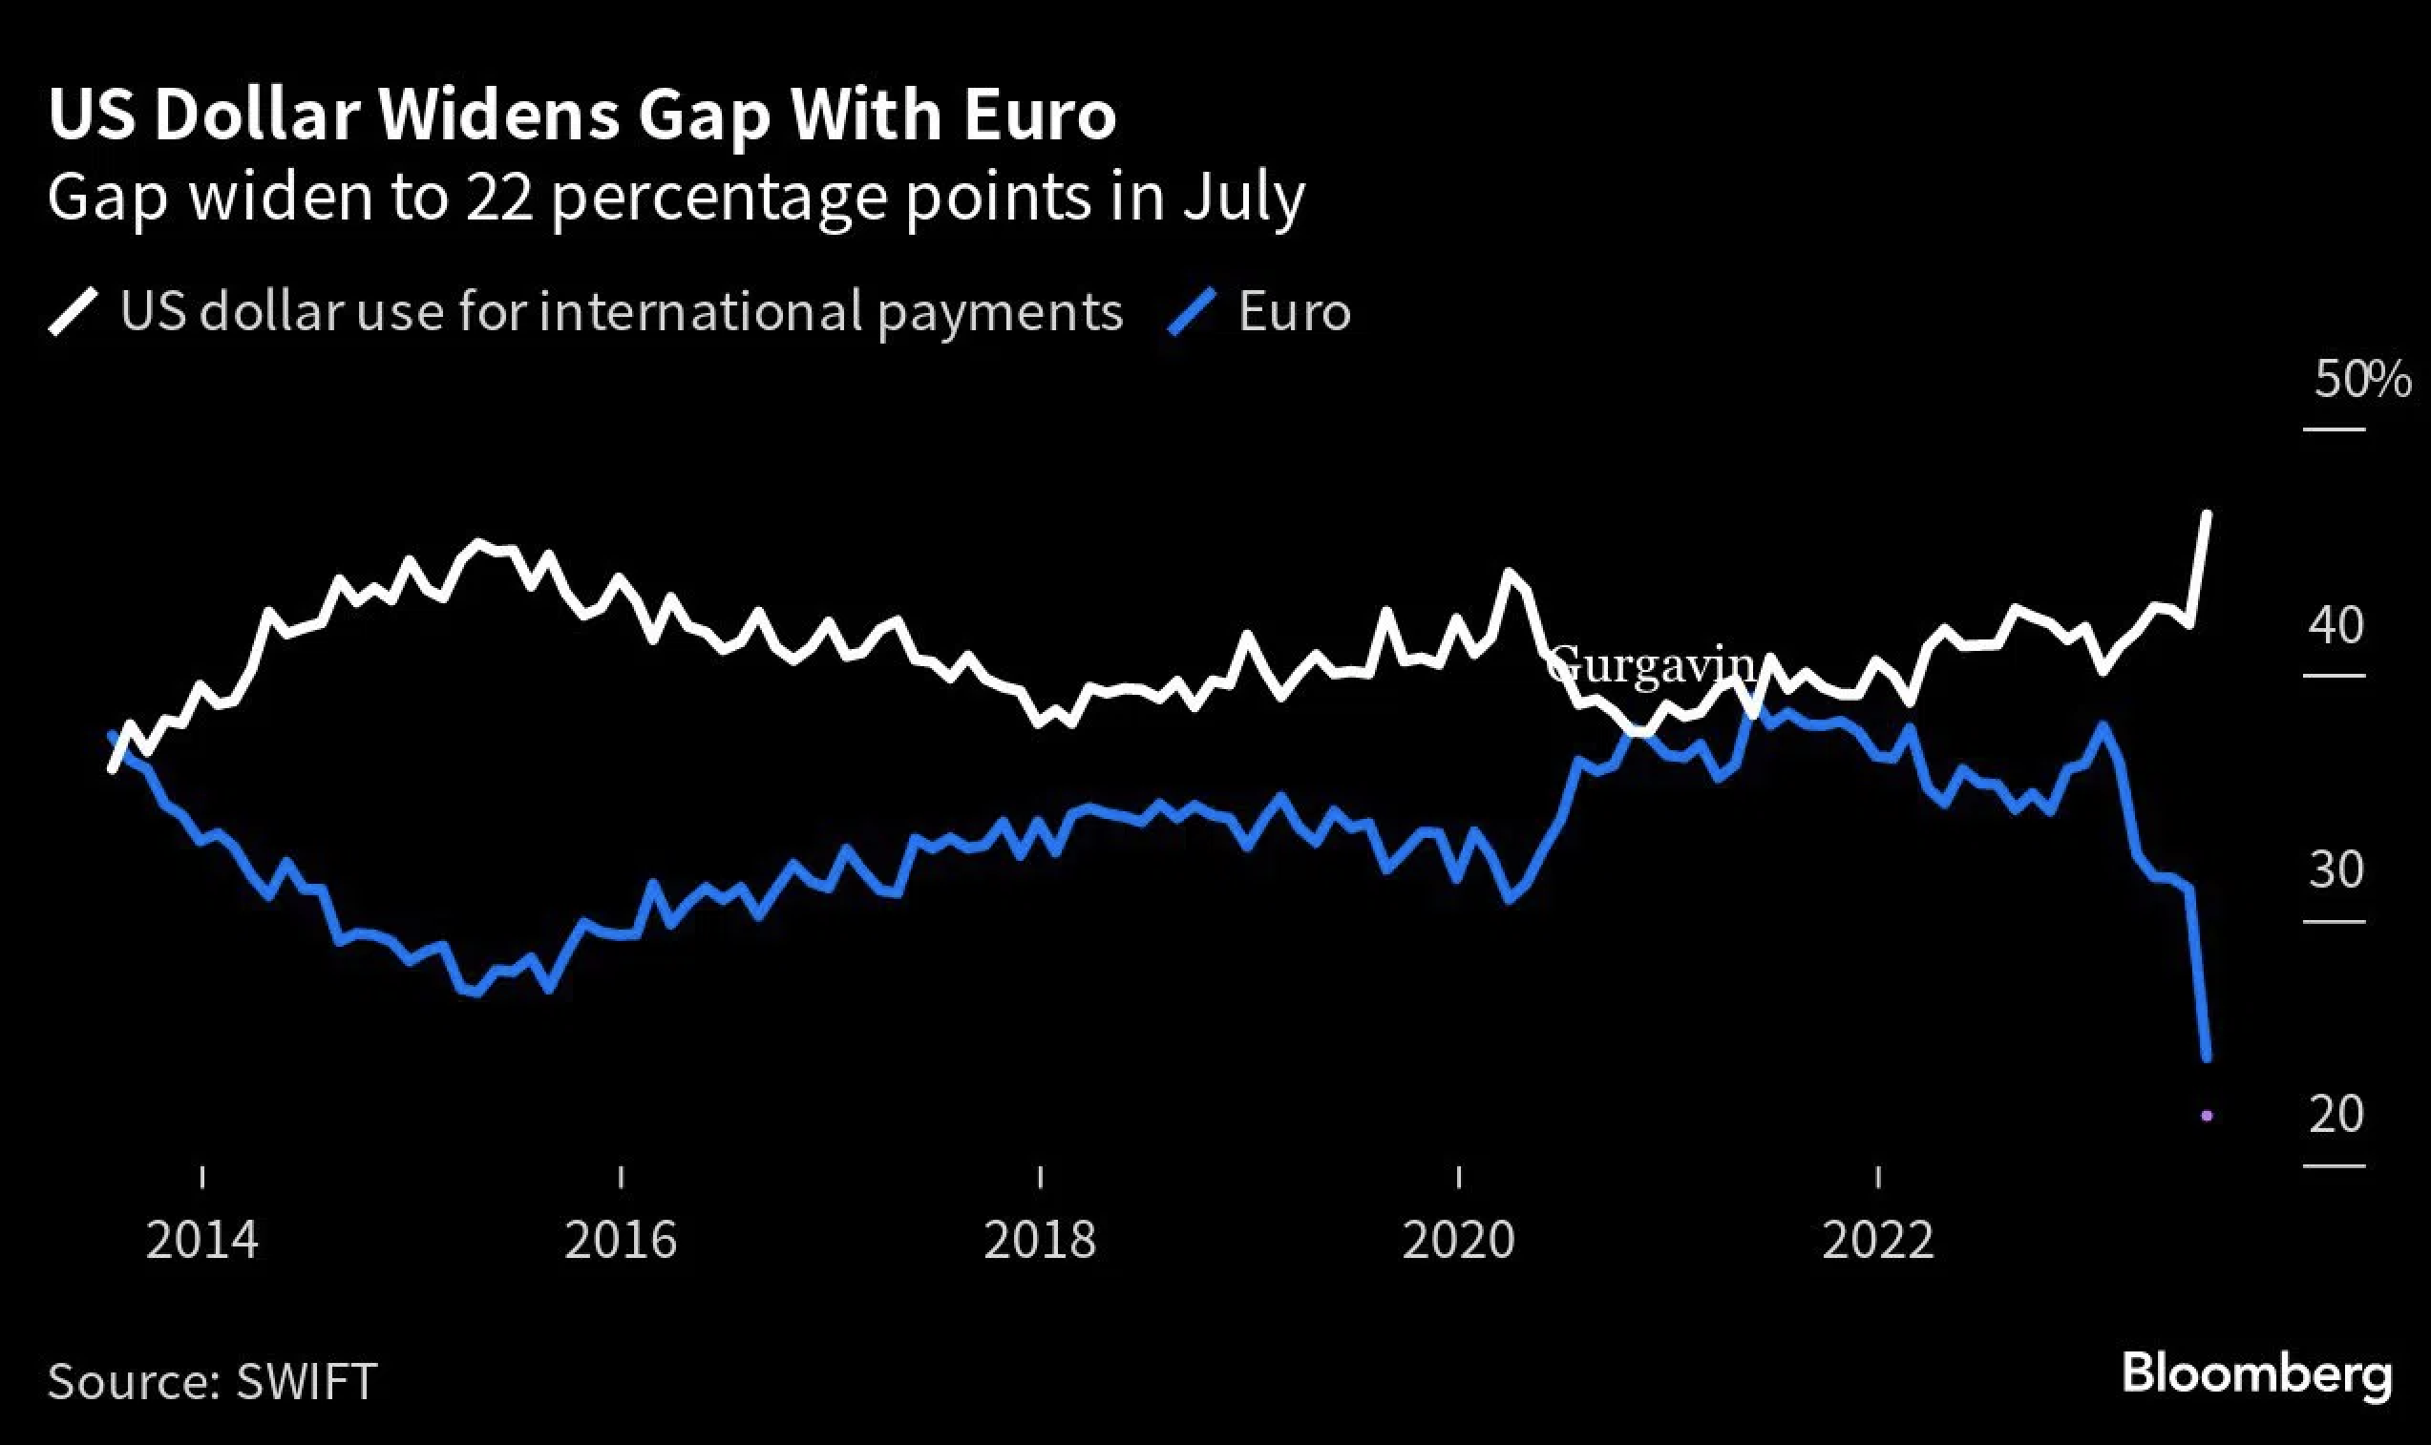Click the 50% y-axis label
pos(2362,380)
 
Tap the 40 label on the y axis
pos(2336,626)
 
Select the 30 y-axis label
pos(2336,869)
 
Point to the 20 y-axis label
pos(2336,1114)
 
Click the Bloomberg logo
pos(2256,1376)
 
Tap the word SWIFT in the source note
pos(306,1382)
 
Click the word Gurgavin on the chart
pos(1650,667)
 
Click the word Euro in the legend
pos(1295,312)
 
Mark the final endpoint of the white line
pos(2206,513)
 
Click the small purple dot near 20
pos(2206,1116)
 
